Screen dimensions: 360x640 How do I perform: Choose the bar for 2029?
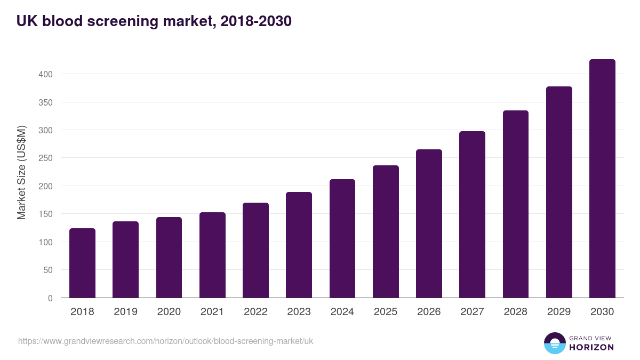tap(559, 192)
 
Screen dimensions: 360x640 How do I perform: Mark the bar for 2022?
tap(255, 250)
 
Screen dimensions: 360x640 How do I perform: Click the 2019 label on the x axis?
tap(125, 312)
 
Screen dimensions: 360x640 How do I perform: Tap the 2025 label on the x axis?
tap(386, 312)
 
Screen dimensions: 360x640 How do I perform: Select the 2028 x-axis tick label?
tap(515, 312)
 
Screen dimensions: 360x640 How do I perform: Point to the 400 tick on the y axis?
tap(45, 74)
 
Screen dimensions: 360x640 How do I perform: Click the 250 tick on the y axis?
tap(45, 158)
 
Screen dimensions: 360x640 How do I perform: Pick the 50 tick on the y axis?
tap(47, 270)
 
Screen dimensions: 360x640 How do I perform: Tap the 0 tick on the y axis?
tap(50, 298)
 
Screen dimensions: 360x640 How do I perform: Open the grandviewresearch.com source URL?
tap(166, 341)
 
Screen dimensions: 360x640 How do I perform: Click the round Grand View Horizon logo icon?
tap(554, 343)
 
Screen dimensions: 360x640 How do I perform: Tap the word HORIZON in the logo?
tap(591, 347)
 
